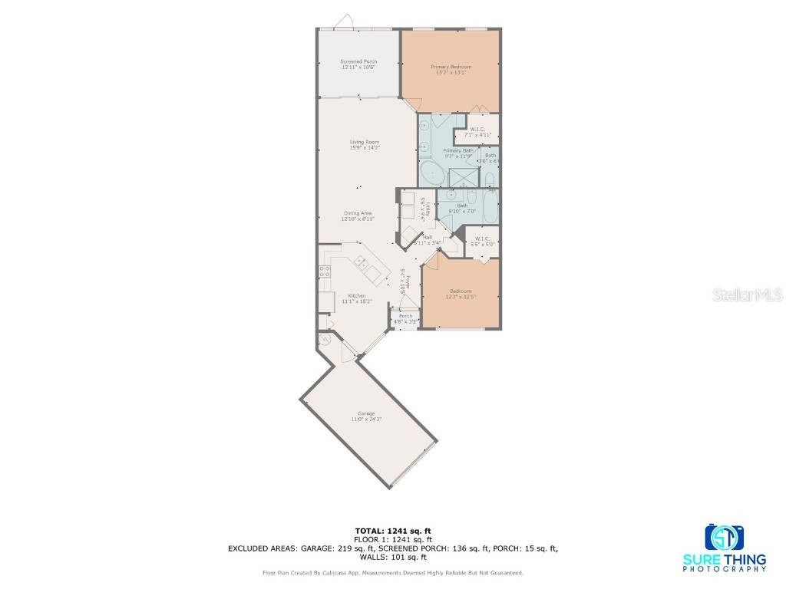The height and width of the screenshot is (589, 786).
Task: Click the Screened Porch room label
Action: tap(358, 64)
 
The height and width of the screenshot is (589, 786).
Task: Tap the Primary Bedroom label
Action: tap(451, 70)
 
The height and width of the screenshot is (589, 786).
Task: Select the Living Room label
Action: tap(365, 145)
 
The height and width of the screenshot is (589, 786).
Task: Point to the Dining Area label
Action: tap(357, 216)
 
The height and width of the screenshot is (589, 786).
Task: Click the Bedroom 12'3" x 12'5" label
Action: tap(461, 294)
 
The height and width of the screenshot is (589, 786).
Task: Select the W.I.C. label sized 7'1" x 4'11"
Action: tap(477, 132)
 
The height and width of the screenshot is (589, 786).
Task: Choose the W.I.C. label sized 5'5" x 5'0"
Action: tap(482, 241)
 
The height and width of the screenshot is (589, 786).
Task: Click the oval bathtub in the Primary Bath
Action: tap(431, 174)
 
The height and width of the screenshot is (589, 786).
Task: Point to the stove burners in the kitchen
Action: tap(325, 271)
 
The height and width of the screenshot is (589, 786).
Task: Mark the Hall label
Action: tap(427, 239)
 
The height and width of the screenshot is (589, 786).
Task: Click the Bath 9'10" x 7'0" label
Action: tap(462, 207)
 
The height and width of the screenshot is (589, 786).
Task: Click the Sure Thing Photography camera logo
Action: tap(724, 538)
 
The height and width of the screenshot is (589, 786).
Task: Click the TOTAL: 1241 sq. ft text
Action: tap(392, 531)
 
